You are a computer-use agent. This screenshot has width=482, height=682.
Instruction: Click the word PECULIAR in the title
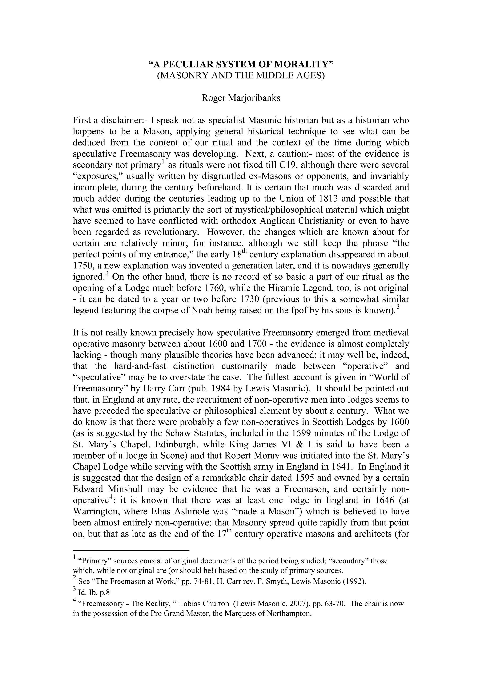pyautogui.click(x=190, y=65)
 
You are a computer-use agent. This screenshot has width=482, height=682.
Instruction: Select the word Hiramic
pyautogui.click(x=297, y=288)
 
